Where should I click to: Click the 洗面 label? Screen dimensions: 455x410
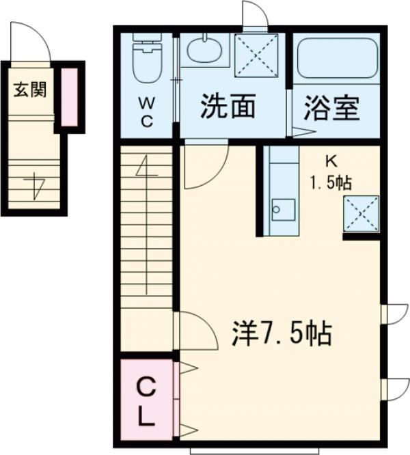tap(228, 107)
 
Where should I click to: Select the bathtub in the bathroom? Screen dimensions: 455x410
tap(338, 60)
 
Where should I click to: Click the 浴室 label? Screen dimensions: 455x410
tap(332, 109)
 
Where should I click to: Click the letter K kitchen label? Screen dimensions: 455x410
tap(331, 162)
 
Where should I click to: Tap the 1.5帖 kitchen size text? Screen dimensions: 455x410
tap(333, 183)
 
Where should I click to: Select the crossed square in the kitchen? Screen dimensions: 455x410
tap(361, 212)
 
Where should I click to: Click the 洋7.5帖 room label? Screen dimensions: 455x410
tap(282, 334)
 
